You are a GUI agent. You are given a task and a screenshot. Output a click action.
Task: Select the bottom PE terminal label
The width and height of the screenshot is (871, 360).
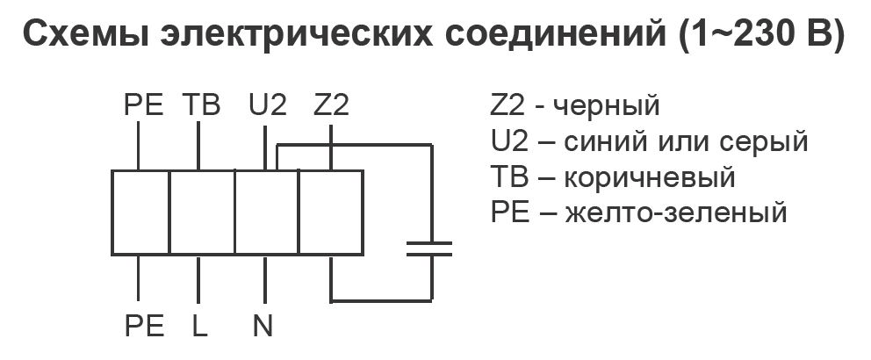[143, 326]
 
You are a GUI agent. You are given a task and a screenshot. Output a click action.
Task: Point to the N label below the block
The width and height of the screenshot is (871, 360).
[263, 326]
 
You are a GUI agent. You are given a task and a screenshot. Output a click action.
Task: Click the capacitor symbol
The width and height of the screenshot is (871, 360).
[429, 248]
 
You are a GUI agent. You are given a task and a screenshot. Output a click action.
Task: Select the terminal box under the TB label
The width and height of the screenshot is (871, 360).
[201, 212]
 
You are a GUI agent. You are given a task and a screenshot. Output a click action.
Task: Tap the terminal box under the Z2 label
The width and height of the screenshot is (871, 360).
[331, 212]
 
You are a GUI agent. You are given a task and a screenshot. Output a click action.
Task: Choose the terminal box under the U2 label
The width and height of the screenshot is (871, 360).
[266, 212]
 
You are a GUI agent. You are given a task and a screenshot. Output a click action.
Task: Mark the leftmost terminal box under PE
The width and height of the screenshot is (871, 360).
[140, 212]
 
